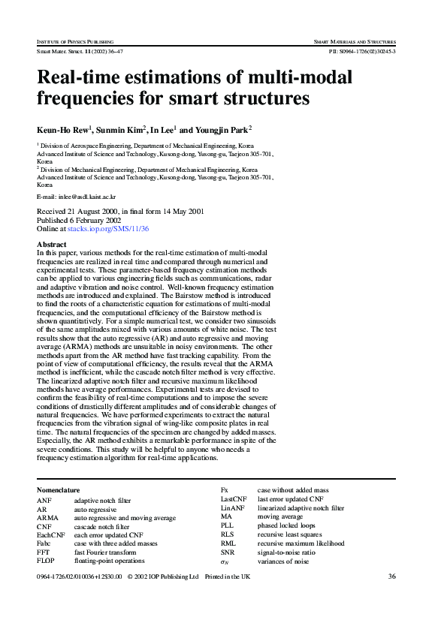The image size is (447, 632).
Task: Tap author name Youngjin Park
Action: pos(223,129)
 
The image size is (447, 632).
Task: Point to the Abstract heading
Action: pos(51,245)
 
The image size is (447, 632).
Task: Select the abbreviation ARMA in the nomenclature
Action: pos(47,518)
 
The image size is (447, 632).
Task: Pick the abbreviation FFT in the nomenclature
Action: pos(44,552)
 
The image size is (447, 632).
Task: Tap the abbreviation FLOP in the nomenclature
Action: pos(46,561)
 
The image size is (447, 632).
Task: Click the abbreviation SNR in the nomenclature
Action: pos(228,552)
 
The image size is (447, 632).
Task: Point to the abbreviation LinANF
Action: pos(233,508)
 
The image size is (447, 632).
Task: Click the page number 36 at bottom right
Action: pos(391,576)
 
